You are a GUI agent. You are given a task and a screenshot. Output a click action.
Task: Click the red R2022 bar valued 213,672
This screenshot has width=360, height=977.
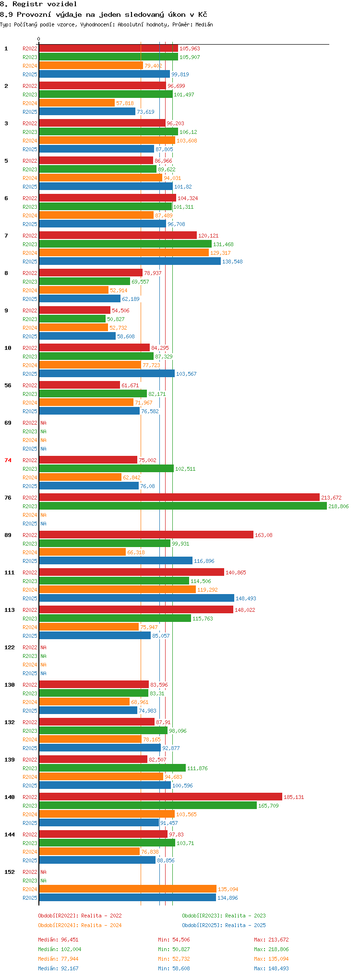pyautogui.click(x=179, y=498)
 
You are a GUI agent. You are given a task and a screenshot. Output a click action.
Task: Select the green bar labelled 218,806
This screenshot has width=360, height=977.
pyautogui.click(x=183, y=506)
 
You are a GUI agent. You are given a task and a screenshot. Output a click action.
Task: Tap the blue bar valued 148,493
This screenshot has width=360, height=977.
pyautogui.click(x=136, y=598)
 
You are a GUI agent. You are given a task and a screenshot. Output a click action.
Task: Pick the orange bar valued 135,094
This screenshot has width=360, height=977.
pyautogui.click(x=128, y=889)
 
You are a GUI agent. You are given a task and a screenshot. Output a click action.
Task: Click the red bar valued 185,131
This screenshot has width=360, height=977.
pyautogui.click(x=160, y=797)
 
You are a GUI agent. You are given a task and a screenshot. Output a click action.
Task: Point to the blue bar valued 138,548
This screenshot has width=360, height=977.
pyautogui.click(x=130, y=262)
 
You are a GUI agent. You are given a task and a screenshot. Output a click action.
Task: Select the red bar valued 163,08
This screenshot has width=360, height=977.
pyautogui.click(x=146, y=535)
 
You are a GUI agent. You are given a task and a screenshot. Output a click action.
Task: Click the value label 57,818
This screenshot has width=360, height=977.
pyautogui.click(x=125, y=103)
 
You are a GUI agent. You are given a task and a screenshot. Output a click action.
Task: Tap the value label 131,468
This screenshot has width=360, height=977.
pyautogui.click(x=223, y=244)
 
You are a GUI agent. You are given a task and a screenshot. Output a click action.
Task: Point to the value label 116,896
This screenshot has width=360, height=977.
pyautogui.click(x=204, y=561)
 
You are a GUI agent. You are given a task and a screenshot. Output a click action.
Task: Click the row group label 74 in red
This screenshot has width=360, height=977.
pyautogui.click(x=8, y=460)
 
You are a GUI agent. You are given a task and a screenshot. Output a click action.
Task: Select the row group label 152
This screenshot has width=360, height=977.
pyautogui.click(x=10, y=872)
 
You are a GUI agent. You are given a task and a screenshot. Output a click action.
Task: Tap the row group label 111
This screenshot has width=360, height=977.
pyautogui.click(x=10, y=572)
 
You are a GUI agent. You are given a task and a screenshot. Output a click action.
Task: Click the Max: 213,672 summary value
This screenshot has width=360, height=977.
pyautogui.click(x=272, y=940)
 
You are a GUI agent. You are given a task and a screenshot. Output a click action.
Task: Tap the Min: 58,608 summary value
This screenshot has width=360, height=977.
pyautogui.click(x=174, y=968)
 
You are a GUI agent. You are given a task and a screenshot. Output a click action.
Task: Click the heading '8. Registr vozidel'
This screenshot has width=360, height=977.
pyautogui.click(x=38, y=4)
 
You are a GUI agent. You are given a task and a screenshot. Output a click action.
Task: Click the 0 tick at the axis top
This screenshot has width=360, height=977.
pyautogui.click(x=39, y=39)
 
